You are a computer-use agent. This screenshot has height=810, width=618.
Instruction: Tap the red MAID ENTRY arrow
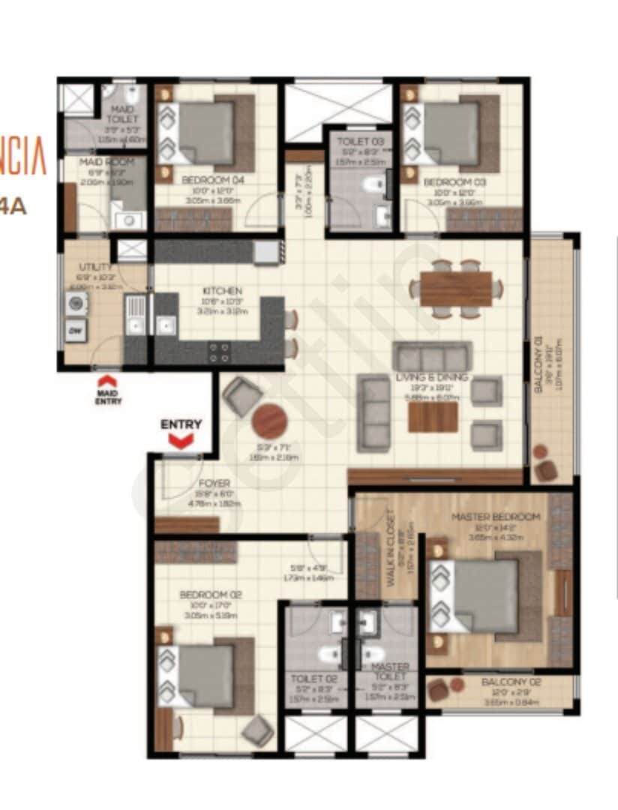(x=108, y=381)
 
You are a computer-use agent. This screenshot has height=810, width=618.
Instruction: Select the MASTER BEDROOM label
(x=495, y=517)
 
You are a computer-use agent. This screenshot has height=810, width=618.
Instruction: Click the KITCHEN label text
(x=221, y=291)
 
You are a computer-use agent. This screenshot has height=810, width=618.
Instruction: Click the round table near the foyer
(x=269, y=421)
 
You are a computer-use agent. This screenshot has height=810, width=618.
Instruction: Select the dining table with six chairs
(x=455, y=289)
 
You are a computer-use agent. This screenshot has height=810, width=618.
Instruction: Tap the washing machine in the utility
(x=76, y=303)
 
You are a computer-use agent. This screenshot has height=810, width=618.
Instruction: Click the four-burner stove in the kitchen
(x=220, y=352)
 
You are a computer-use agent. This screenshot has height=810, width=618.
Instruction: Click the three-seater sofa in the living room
(x=431, y=355)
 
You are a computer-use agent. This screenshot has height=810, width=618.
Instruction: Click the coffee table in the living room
(x=433, y=417)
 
